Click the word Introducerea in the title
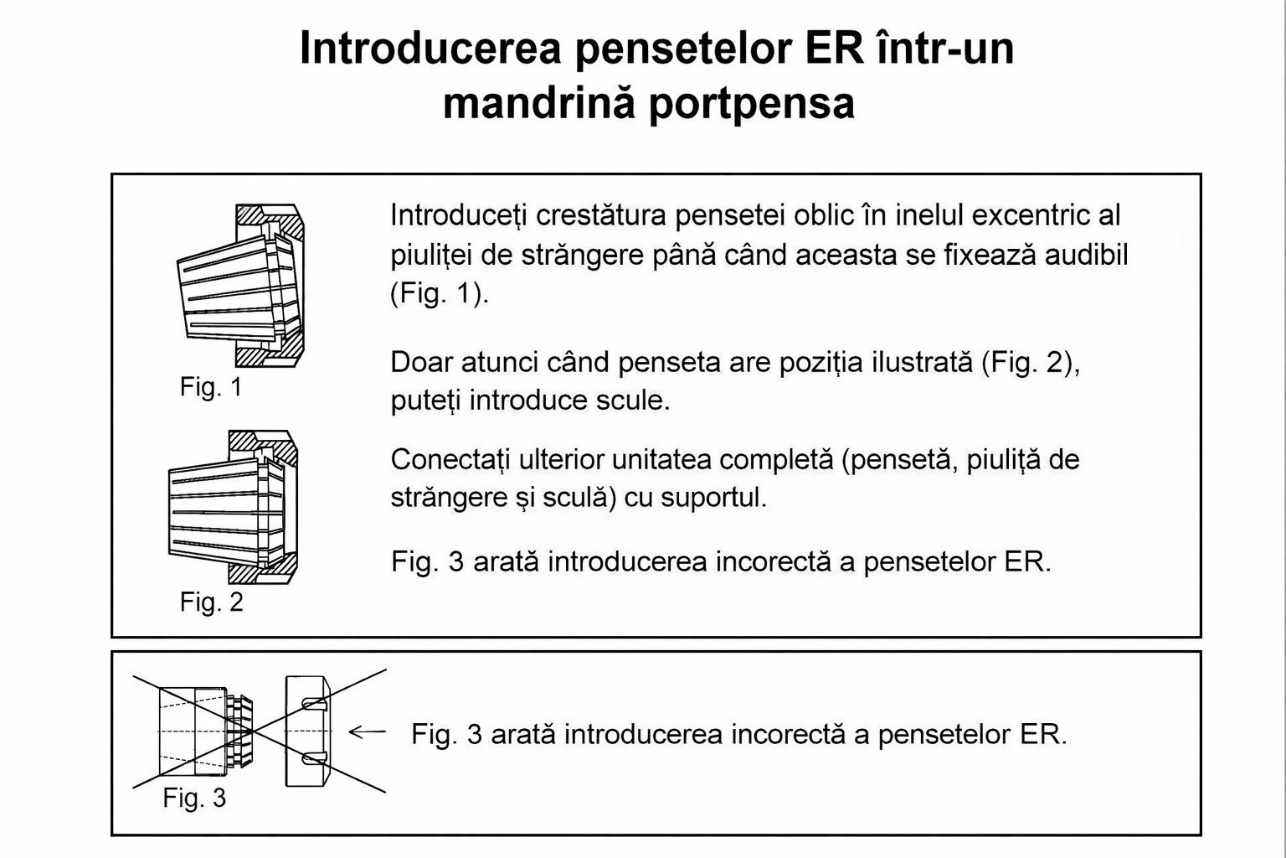tap(430, 49)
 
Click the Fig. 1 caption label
tap(211, 387)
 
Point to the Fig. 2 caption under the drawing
tap(211, 602)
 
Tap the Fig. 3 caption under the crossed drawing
tap(194, 798)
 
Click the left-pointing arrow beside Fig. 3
tap(368, 732)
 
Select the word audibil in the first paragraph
tap(1086, 254)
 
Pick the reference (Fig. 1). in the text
tap(440, 293)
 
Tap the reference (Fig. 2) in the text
tap(1030, 363)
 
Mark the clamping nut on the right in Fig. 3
tap(308, 731)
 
